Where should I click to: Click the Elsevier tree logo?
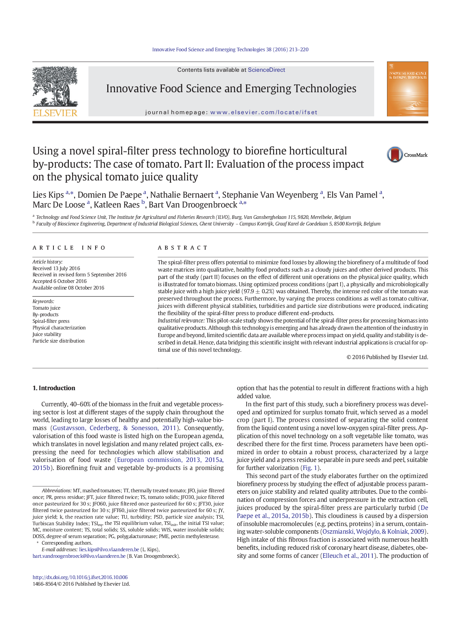click(x=55, y=88)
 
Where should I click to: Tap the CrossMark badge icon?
click(x=395, y=155)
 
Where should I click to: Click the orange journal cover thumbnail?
click(x=407, y=89)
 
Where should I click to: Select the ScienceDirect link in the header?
click(x=266, y=70)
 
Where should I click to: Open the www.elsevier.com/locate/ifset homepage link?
click(x=264, y=112)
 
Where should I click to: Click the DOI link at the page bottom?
click(x=80, y=577)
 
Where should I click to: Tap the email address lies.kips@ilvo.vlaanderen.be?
click(x=109, y=549)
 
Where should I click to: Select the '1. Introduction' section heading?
click(x=54, y=388)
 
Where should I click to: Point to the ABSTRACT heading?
click(x=183, y=248)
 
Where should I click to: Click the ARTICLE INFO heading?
click(x=69, y=248)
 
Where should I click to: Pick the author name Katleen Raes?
click(x=117, y=205)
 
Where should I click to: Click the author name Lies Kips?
click(x=48, y=195)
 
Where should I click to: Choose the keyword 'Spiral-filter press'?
click(x=51, y=321)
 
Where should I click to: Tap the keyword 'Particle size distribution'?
click(x=59, y=341)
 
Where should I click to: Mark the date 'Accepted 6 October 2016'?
click(x=60, y=281)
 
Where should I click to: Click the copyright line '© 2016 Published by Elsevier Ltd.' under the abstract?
click(x=387, y=357)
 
